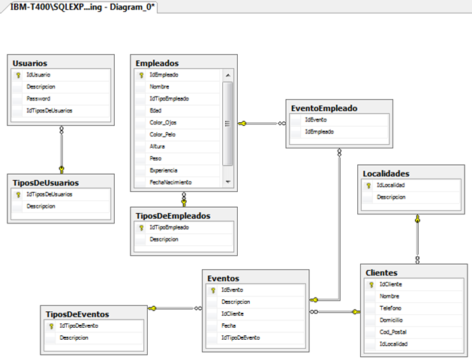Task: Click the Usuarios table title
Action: click(30, 63)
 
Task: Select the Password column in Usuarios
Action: click(38, 99)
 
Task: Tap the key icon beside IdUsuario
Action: click(18, 75)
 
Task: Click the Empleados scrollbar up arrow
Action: click(228, 75)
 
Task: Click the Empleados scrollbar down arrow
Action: click(228, 182)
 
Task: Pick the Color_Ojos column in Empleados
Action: click(163, 123)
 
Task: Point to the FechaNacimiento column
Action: click(170, 182)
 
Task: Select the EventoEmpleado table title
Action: click(324, 108)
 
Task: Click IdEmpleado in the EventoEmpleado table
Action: click(319, 132)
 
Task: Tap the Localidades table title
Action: click(386, 173)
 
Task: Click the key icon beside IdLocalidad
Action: click(368, 185)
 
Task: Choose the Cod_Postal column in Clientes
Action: click(392, 332)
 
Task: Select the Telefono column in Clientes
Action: click(390, 308)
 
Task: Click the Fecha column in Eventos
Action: click(228, 325)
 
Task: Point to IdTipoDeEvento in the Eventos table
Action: click(241, 337)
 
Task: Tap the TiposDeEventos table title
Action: click(77, 314)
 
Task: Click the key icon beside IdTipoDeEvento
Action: click(51, 326)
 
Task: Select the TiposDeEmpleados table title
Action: click(173, 216)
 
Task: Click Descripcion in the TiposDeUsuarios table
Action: click(41, 206)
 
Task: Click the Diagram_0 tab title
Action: click(83, 7)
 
